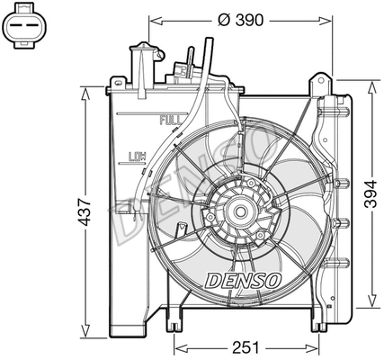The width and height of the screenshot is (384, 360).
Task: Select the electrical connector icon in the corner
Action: [x=28, y=33]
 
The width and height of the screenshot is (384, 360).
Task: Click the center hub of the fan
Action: [x=239, y=212]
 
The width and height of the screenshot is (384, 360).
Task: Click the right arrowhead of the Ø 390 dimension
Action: [x=329, y=20]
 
